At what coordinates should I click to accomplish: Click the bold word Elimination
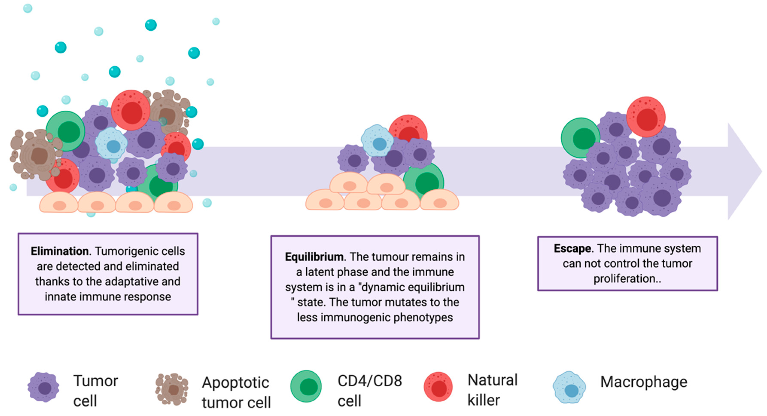[59, 251]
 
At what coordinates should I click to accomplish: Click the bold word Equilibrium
[314, 257]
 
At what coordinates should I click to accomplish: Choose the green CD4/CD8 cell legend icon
[306, 386]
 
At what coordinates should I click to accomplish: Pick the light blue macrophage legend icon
[569, 387]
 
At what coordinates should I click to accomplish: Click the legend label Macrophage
[644, 382]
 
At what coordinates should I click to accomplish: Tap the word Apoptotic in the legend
[235, 383]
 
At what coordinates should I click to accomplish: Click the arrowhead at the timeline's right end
[744, 171]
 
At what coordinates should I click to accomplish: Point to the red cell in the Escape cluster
[645, 117]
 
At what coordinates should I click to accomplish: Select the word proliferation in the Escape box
[625, 279]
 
